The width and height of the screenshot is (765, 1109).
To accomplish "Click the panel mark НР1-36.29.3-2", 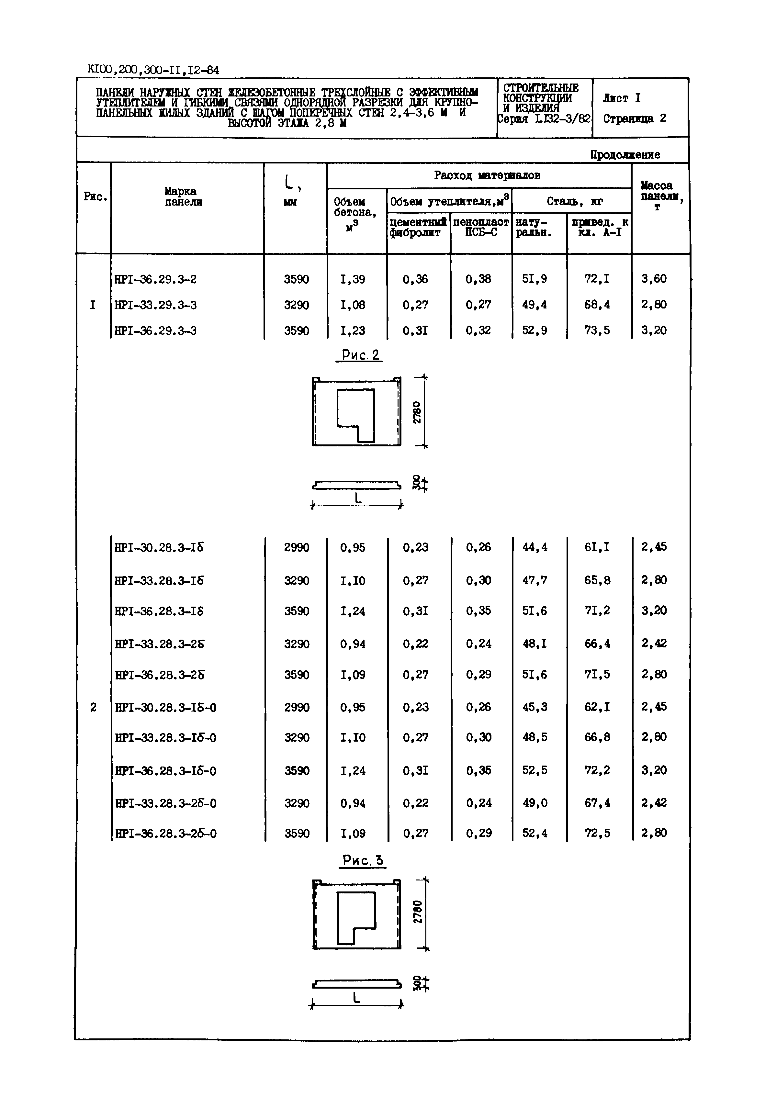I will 155,279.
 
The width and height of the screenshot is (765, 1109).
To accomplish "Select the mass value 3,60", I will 654,278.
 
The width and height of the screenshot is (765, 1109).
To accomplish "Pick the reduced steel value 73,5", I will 597,330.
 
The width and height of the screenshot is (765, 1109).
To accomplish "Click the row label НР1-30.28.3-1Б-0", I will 165,707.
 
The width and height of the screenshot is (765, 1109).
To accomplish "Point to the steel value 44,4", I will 535,547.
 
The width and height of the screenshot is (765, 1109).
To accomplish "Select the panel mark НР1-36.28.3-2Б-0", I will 166,834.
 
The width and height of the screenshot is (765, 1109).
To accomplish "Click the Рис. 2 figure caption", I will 360,355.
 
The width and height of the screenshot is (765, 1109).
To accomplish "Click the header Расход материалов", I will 487,175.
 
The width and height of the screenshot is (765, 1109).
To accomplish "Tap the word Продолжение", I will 624,154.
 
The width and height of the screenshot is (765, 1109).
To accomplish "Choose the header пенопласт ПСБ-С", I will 481,227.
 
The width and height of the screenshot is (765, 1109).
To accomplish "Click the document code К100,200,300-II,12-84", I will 153,70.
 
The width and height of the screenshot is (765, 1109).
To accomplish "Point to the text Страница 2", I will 634,118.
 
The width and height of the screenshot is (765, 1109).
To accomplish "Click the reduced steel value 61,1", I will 597,547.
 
